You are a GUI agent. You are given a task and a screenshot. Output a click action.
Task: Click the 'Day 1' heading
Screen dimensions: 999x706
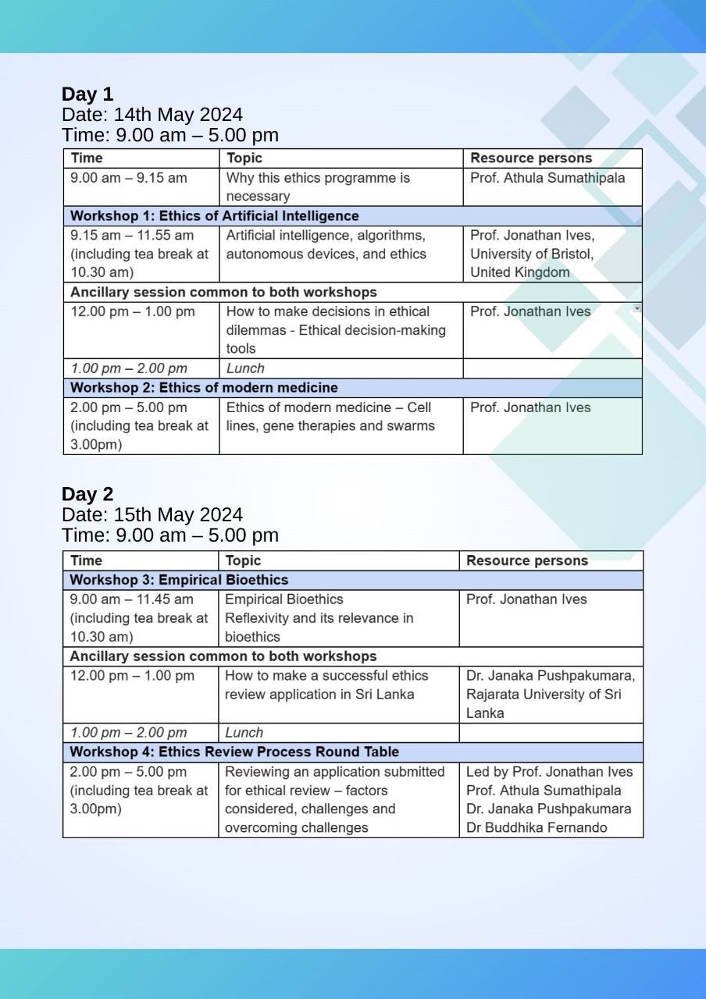point(87,94)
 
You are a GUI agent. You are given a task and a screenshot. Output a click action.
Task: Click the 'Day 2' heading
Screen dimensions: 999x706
point(87,494)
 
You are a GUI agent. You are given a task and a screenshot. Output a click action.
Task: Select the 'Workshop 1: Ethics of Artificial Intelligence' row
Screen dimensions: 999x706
point(215,216)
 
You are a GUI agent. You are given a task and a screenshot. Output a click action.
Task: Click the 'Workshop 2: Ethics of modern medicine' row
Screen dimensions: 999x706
point(205,388)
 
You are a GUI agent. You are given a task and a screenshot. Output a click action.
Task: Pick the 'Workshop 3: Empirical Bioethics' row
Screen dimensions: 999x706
point(179,580)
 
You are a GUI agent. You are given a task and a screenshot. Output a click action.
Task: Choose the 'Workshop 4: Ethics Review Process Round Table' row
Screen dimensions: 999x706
point(234,752)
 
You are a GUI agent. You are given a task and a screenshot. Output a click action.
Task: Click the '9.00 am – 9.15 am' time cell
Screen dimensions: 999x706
point(129,178)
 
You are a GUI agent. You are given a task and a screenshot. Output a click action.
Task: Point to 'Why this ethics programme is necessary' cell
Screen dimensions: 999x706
point(318,187)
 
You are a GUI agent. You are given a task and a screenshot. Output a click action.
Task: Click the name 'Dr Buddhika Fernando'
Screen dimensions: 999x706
point(537,827)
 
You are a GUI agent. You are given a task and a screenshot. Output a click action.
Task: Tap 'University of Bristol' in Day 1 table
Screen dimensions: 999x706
point(532,254)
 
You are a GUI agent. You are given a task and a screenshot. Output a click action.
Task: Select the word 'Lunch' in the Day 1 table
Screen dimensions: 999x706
point(245,368)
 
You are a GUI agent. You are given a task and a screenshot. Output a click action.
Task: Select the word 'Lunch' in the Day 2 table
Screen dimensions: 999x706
point(244,732)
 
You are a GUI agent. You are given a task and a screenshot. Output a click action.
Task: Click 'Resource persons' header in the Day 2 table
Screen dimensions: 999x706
point(527,560)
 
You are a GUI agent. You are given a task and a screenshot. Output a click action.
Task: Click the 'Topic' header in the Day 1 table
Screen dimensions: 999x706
point(244,158)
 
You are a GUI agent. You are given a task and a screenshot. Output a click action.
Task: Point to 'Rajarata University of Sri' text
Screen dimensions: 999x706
point(544,694)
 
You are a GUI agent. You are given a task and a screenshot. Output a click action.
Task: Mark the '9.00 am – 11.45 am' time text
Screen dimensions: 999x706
point(131,599)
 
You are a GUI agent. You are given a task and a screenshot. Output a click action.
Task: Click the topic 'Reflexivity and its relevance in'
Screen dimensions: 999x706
point(319,618)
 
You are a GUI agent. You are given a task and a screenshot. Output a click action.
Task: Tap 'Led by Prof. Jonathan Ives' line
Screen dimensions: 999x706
point(549,771)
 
